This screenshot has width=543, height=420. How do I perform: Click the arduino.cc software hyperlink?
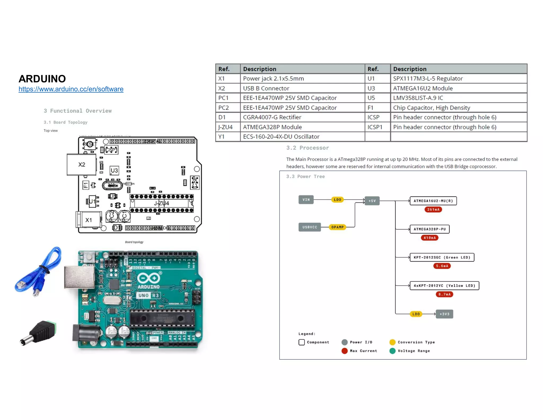click(x=71, y=89)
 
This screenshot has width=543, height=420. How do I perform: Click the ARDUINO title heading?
click(x=42, y=79)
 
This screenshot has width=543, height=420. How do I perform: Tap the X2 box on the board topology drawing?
click(x=81, y=165)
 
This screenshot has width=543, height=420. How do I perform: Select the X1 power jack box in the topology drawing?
click(x=89, y=220)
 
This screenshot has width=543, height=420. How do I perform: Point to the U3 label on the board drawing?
click(x=114, y=170)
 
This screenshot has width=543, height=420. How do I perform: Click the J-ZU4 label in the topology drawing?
click(x=161, y=203)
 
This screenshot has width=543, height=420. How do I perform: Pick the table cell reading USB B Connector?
click(x=266, y=88)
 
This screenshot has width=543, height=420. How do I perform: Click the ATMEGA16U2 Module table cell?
click(x=423, y=88)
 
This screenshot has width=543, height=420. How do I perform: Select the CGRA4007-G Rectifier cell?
click(x=272, y=117)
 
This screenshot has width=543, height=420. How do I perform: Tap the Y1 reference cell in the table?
click(x=221, y=136)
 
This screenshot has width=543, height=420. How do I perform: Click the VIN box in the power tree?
click(x=306, y=200)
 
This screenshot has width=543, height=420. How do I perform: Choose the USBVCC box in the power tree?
click(x=309, y=227)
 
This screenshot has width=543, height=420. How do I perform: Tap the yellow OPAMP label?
click(x=337, y=227)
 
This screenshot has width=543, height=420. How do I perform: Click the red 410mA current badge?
click(x=430, y=238)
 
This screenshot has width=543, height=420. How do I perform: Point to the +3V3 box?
click(x=444, y=314)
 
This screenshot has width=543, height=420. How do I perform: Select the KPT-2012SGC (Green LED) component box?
click(x=442, y=257)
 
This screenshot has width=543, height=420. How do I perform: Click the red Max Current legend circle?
click(x=344, y=351)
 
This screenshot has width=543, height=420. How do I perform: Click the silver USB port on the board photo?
click(x=79, y=277)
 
